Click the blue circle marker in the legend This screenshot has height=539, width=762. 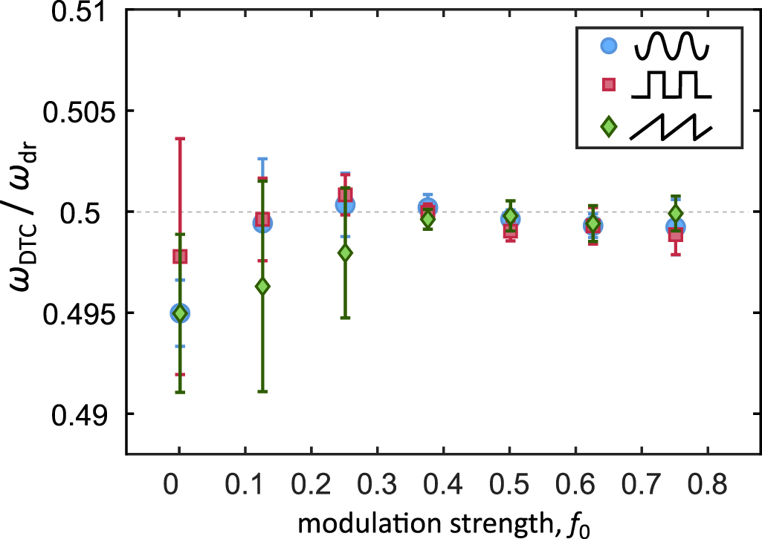click(609, 46)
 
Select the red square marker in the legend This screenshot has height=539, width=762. click(609, 85)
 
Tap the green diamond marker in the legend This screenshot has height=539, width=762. click(609, 126)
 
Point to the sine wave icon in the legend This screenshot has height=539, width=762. click(671, 46)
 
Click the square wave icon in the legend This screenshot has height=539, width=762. click(671, 85)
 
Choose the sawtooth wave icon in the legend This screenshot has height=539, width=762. click(671, 126)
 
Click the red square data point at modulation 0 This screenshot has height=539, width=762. click(180, 256)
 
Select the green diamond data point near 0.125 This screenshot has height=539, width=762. click(262, 287)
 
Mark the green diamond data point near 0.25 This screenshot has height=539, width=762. click(345, 252)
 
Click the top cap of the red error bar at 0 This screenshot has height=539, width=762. click(180, 138)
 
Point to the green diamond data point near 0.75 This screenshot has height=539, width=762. click(675, 214)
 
